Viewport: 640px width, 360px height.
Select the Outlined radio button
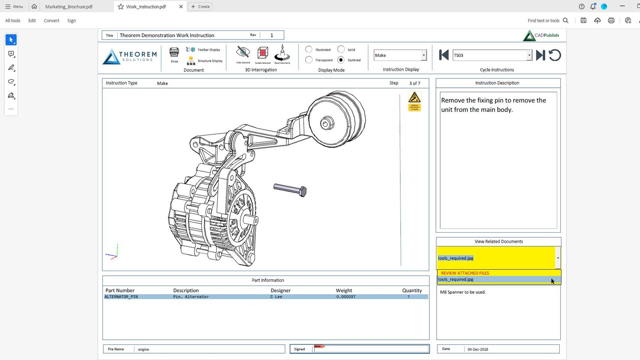pyautogui.click(x=341, y=60)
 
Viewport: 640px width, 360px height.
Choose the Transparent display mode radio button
pyautogui.click(x=309, y=60)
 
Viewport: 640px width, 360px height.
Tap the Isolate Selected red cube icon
pyautogui.click(x=263, y=53)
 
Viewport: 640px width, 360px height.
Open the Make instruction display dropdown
pyautogui.click(x=423, y=55)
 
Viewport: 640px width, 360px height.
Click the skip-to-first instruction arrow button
pyautogui.click(x=443, y=55)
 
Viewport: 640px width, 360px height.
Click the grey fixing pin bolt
pyautogui.click(x=290, y=189)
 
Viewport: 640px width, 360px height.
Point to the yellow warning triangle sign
pyautogui.click(x=415, y=97)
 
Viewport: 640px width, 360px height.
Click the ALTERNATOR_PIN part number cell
pyautogui.click(x=121, y=297)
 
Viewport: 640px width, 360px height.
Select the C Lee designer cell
pyautogui.click(x=276, y=297)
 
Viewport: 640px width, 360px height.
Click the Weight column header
pyautogui.click(x=344, y=290)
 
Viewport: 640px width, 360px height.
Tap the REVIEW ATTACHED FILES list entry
pyautogui.click(x=465, y=273)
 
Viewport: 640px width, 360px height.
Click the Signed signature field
pyautogui.click(x=371, y=349)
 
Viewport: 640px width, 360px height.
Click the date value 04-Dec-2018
pyautogui.click(x=478, y=349)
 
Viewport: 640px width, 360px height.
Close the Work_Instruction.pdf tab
pyautogui.click(x=181, y=6)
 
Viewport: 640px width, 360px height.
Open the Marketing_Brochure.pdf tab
pyautogui.click(x=69, y=6)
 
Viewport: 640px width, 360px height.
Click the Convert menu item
pyautogui.click(x=52, y=21)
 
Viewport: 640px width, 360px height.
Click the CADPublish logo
pyautogui.click(x=541, y=35)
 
